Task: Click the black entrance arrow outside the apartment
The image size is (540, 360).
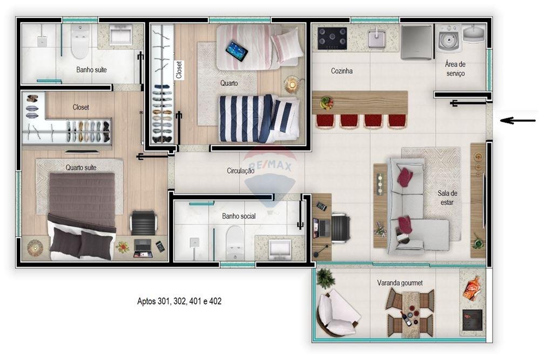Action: point(518,120)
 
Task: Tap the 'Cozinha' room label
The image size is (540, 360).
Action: point(342,71)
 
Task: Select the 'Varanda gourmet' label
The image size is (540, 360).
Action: point(400,283)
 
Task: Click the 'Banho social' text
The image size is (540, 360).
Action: point(239,216)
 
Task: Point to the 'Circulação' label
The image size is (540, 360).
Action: point(241,171)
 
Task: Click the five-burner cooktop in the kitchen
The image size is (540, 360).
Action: point(332,38)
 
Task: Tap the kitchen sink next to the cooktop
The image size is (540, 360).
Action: point(377,38)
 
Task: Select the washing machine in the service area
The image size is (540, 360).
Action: point(449,38)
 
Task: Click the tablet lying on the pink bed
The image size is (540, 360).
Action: point(237,51)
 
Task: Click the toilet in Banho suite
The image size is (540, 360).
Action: point(80,42)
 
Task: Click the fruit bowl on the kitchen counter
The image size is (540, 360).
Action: point(326,103)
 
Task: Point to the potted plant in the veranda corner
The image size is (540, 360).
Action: point(325,278)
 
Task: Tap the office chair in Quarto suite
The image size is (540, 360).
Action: point(144,223)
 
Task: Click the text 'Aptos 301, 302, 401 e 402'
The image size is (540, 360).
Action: point(179,301)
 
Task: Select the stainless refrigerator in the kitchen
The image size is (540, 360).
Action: point(416,42)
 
